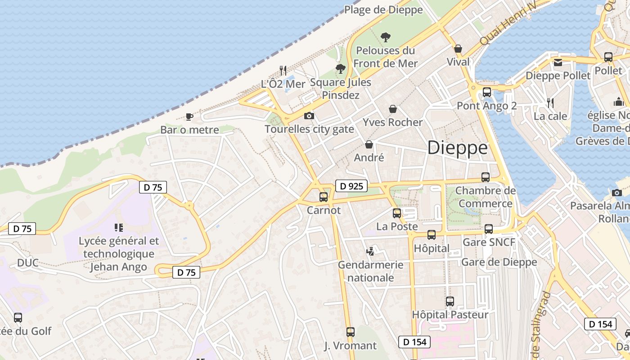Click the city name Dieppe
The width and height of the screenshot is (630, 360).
tap(457, 148)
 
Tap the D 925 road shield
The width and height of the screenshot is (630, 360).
tap(351, 186)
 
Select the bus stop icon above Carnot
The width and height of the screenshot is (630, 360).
tap(324, 197)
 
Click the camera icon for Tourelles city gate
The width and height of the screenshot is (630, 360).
tap(309, 116)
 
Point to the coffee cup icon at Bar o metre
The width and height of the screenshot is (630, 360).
tap(189, 117)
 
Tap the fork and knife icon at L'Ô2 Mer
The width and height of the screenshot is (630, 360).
tap(283, 70)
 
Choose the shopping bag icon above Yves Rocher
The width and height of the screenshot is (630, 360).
tap(393, 109)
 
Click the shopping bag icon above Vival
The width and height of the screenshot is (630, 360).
tap(458, 49)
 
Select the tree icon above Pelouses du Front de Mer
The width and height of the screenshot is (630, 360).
tap(385, 37)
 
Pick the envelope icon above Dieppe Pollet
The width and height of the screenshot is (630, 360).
tap(558, 63)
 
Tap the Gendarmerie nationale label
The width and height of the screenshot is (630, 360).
tap(371, 271)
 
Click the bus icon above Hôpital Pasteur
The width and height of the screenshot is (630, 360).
tap(450, 301)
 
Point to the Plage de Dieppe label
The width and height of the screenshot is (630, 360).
tap(383, 9)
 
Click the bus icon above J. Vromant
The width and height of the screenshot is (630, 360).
tap(351, 332)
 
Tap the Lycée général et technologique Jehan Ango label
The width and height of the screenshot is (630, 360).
tap(118, 254)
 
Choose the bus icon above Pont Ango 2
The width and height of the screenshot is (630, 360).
tap(487, 92)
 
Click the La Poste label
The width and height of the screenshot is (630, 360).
tap(397, 226)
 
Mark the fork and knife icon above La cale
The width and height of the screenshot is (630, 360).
tap(550, 103)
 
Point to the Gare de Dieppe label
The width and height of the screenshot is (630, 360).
tap(499, 262)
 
